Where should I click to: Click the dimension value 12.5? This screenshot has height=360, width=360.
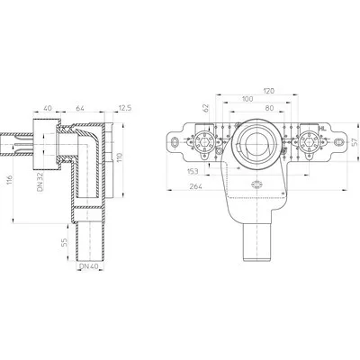tap(125, 108)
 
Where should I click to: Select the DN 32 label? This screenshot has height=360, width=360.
tap(41, 181)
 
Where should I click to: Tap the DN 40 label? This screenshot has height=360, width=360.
tap(88, 266)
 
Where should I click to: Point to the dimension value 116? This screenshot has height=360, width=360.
tap(10, 181)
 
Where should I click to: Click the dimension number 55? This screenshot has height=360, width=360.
tap(64, 242)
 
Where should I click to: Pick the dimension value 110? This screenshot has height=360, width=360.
tap(119, 158)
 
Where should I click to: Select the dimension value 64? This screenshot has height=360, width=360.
tap(80, 108)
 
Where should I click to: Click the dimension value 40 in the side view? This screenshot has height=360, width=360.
tap(48, 108)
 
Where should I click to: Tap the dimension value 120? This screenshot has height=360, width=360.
tap(268, 91)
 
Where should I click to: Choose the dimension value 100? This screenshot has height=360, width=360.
tap(247, 99)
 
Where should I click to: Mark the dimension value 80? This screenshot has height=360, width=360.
tap(269, 108)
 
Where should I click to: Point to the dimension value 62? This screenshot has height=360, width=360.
tap(206, 109)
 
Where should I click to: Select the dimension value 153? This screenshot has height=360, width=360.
tap(193, 171)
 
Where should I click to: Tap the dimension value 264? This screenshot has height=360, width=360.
tap(195, 186)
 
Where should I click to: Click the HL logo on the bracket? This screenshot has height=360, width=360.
tap(322, 129)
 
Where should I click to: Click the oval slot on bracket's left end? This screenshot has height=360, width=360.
tap(175, 140)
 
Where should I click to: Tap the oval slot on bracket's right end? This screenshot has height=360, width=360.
tap(339, 140)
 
